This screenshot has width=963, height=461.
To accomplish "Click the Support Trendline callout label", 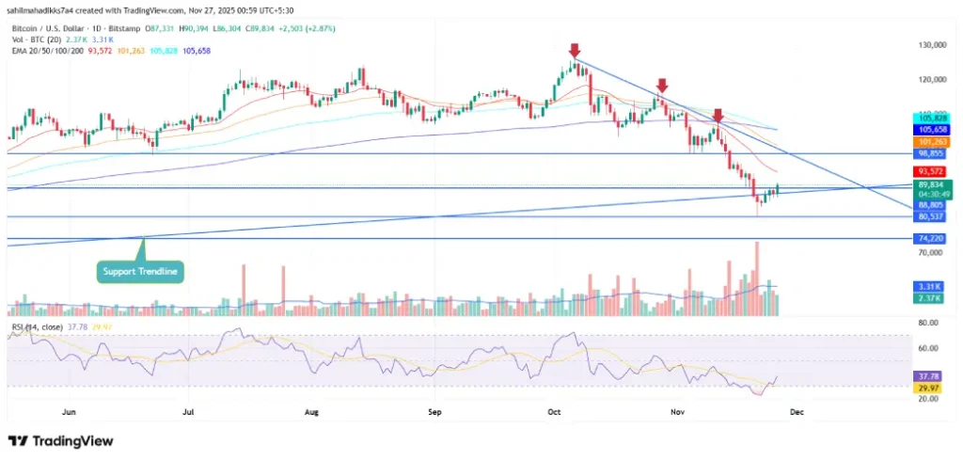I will (141, 273).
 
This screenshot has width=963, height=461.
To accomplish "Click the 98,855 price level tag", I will (929, 152).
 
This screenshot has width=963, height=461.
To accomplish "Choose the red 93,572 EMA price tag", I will (929, 171).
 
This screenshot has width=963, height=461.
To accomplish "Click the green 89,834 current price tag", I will (929, 185).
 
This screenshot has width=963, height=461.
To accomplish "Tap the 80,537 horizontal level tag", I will (929, 216).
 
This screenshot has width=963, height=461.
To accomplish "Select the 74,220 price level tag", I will (929, 239).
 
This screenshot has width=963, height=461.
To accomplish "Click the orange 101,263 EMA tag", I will (929, 141).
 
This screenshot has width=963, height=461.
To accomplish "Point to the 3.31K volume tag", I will (929, 286).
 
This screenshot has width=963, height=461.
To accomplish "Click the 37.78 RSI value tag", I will (929, 375).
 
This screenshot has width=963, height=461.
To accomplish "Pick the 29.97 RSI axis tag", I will (929, 386).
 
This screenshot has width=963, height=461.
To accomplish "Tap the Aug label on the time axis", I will (312, 411).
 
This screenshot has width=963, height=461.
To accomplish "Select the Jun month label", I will (68, 411).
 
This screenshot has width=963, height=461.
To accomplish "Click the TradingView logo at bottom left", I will (61, 441).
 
